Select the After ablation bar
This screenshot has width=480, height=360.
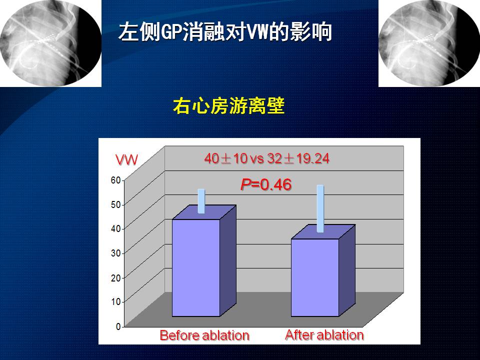pyautogui.click(x=323, y=270)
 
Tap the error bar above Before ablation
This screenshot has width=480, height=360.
pyautogui.click(x=201, y=201)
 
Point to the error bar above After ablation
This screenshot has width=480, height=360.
pyautogui.click(x=320, y=208)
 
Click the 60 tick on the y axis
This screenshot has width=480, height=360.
pyautogui.click(x=115, y=180)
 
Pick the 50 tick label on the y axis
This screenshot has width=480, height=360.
pyautogui.click(x=115, y=205)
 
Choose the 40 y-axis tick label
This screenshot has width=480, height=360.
pyautogui.click(x=115, y=229)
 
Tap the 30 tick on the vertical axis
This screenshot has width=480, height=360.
pyautogui.click(x=115, y=253)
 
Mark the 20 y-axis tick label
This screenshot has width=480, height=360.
pyautogui.click(x=115, y=278)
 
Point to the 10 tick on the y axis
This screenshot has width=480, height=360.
pyautogui.click(x=115, y=302)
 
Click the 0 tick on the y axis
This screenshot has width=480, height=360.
pyautogui.click(x=118, y=326)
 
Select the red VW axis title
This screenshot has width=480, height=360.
pyautogui.click(x=126, y=160)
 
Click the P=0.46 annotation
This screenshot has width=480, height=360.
pyautogui.click(x=266, y=184)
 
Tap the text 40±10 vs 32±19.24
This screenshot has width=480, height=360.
pyautogui.click(x=266, y=158)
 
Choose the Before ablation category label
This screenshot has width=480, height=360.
pyautogui.click(x=204, y=335)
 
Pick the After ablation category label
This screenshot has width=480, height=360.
pyautogui.click(x=324, y=335)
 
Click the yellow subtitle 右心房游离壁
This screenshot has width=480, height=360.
pyautogui.click(x=228, y=106)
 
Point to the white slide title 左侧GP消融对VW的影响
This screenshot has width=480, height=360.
pyautogui.click(x=225, y=31)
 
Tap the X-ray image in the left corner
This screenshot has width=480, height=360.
pyautogui.click(x=51, y=43)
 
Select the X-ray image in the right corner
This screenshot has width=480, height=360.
pyautogui.click(x=429, y=43)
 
